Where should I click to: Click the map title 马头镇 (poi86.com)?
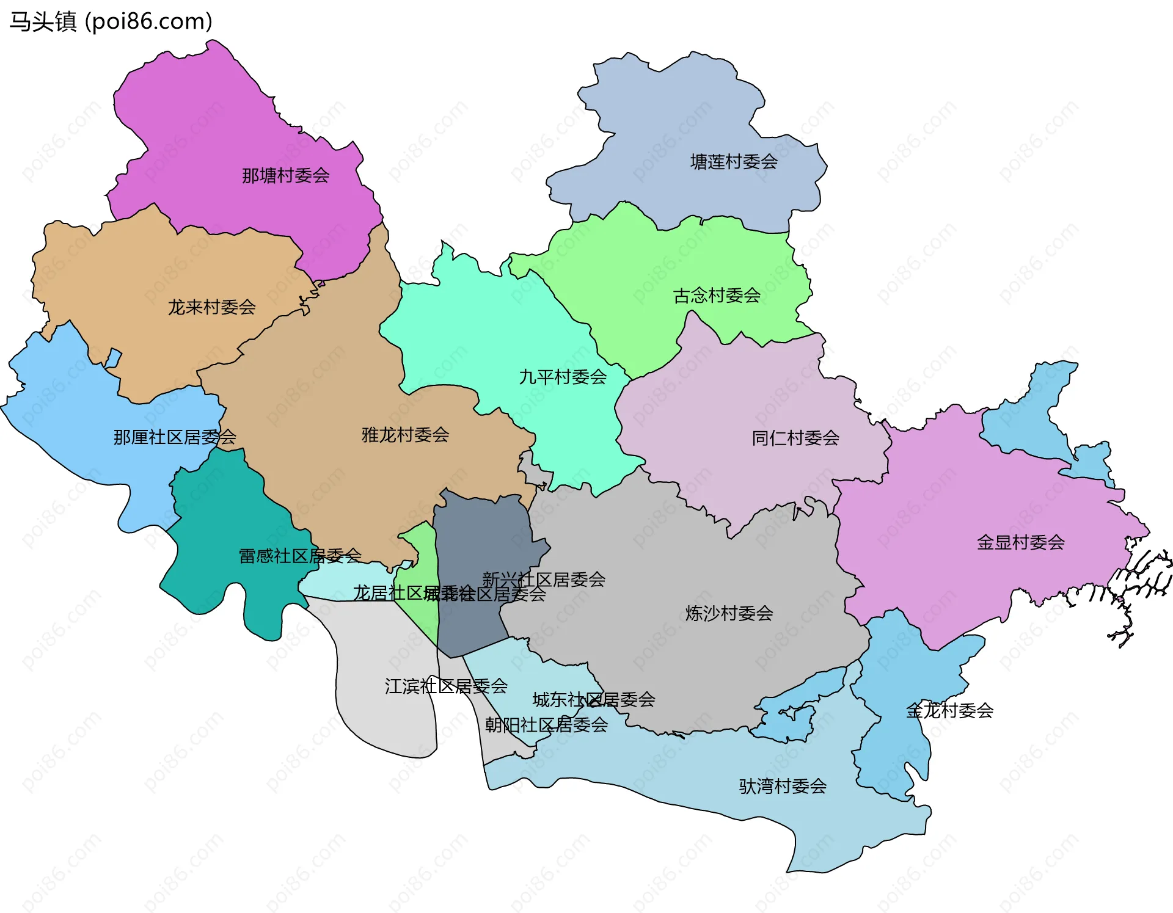[111, 21]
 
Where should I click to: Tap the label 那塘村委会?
[285, 176]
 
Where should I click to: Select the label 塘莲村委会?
[734, 162]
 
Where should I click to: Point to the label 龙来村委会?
[211, 307]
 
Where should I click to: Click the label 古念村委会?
[717, 296]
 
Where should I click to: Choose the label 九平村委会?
[563, 377]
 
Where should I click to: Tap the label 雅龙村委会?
[405, 435]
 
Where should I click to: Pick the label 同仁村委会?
[795, 438]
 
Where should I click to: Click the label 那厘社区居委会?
[175, 437]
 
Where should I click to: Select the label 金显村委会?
[1020, 542]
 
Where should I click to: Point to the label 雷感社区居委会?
[299, 556]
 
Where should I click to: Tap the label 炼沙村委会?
[729, 613]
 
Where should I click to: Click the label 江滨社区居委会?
[446, 686]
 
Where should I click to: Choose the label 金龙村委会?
[949, 710]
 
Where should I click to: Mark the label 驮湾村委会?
[783, 786]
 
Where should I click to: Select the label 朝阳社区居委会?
[546, 725]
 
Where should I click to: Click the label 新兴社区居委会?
[544, 579]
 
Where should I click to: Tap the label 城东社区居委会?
[594, 699]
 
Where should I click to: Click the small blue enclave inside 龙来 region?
[113, 358]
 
